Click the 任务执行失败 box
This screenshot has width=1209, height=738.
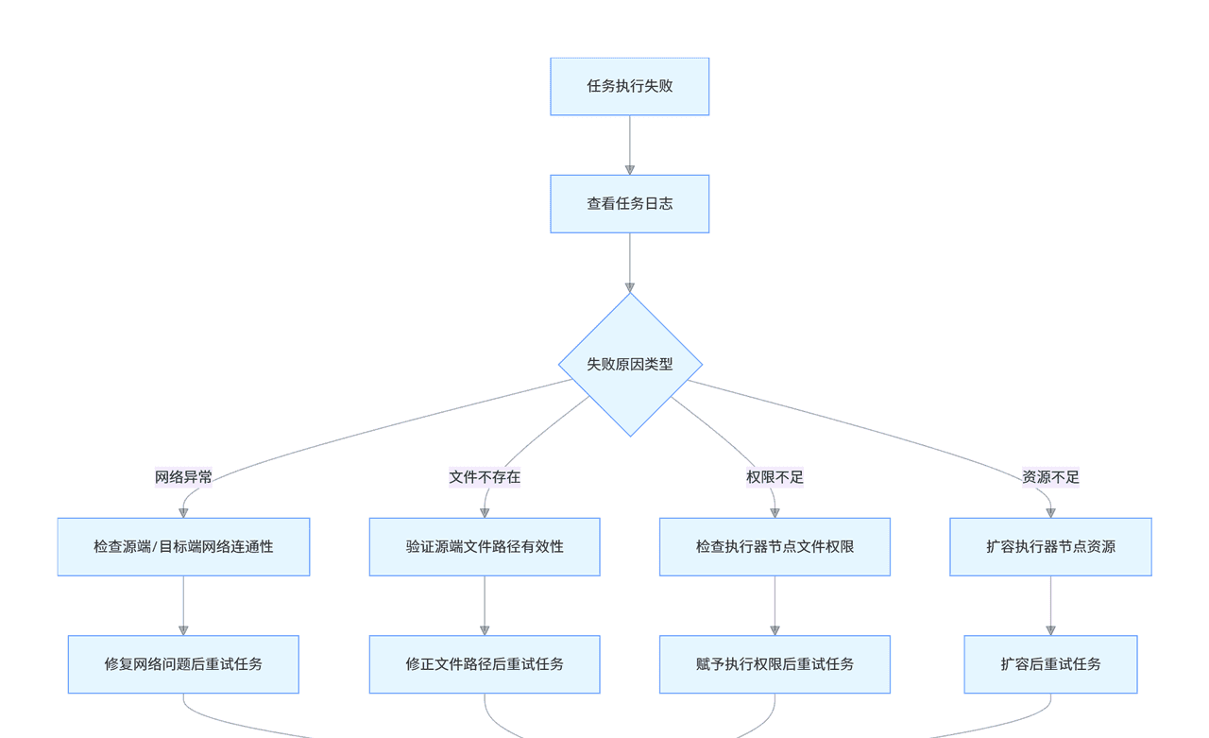coord(629,87)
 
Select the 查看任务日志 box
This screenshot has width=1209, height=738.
coord(629,204)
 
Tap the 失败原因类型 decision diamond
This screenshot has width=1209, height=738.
coord(630,365)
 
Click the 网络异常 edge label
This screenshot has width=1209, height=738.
coord(183,477)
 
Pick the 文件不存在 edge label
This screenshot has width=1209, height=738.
coord(485,477)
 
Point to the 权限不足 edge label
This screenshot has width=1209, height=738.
coord(775,477)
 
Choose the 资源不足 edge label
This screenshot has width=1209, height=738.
coord(1050,477)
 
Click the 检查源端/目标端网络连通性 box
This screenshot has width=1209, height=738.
coord(183,547)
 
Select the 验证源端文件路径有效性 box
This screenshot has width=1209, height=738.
coord(485,547)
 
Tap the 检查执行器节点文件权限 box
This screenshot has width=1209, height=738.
coord(775,547)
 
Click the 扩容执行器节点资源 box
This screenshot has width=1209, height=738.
coord(1050,547)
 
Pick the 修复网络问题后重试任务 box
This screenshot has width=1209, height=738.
coord(183,664)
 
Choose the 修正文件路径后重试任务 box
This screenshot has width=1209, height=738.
coord(485,664)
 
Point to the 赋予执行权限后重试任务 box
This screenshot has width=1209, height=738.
coord(775,664)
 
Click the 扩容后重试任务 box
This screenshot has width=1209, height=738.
coord(1050,664)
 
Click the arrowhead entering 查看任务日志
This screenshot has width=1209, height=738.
coord(630,170)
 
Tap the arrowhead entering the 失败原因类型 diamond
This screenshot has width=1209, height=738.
coord(630,287)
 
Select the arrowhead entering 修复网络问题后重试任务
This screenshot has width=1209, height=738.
coord(183,630)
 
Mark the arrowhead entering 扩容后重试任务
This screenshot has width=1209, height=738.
coord(1050,630)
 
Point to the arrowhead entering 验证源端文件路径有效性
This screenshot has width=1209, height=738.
coord(485,513)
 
